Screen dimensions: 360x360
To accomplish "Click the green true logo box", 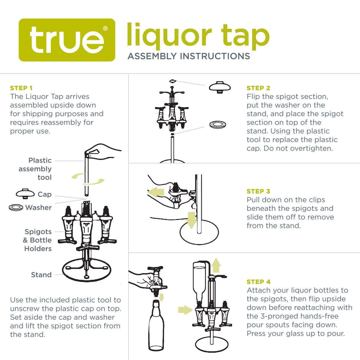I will click(67, 40).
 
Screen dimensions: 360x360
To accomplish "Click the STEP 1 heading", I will click(21, 88).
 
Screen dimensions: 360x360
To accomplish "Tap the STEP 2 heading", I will click(258, 88).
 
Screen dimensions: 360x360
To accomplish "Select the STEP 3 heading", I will click(258, 191).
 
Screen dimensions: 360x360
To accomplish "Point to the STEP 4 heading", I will click(258, 282).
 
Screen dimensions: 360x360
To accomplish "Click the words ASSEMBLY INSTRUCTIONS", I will click(189, 56).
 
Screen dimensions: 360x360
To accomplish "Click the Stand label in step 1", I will click(41, 275).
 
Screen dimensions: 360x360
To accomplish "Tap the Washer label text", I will click(38, 208).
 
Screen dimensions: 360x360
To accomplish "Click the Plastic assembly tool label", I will click(36, 169).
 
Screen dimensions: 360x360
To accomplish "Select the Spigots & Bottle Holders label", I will click(38, 240).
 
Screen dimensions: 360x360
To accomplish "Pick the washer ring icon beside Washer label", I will click(16, 207).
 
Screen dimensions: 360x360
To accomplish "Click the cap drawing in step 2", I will click(220, 87).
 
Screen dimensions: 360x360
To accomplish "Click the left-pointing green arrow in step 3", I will click(156, 192).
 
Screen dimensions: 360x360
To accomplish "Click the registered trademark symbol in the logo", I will click(105, 28).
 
